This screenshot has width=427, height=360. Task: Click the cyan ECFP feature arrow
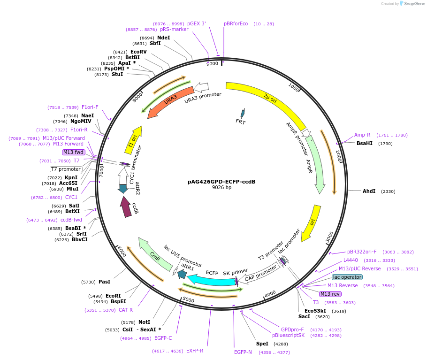[x=211, y=280]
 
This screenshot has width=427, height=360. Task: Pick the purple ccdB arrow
[x=126, y=207]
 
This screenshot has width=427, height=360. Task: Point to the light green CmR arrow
[x=155, y=254]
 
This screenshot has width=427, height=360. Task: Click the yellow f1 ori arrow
[x=134, y=139]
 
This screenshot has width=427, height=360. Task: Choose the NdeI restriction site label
[x=164, y=38]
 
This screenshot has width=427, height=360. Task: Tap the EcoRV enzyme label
[x=138, y=52]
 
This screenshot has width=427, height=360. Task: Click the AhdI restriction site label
[x=369, y=191]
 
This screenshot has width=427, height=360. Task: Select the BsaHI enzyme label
[x=365, y=143]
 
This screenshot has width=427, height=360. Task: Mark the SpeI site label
[x=262, y=344]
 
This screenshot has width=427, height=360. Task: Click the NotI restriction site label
[x=144, y=322]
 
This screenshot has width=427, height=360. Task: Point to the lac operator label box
[x=347, y=277]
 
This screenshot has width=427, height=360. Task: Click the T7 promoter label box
[x=66, y=169]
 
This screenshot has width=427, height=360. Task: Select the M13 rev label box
[x=330, y=294]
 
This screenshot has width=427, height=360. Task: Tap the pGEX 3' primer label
[x=196, y=23]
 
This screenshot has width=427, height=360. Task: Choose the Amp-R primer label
[x=362, y=135]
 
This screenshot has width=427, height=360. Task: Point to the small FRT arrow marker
[x=243, y=113]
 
